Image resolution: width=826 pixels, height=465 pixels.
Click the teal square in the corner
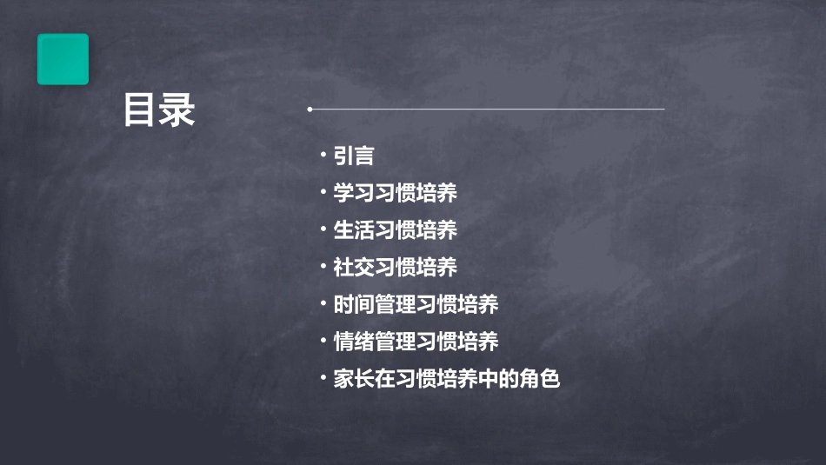[63, 59]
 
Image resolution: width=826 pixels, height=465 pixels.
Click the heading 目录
[158, 111]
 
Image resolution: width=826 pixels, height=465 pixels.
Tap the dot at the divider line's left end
[310, 110]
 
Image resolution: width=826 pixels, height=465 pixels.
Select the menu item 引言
[354, 156]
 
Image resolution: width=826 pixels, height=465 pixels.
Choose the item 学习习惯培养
[396, 193]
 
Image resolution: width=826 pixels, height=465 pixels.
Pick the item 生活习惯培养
[396, 230]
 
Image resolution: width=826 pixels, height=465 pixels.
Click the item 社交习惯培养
[396, 268]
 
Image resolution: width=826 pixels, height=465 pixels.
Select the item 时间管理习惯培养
[416, 305]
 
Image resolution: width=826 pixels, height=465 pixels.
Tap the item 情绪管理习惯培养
[416, 342]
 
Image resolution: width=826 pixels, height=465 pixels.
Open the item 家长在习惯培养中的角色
[447, 380]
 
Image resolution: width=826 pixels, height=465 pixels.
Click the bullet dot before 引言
[323, 155]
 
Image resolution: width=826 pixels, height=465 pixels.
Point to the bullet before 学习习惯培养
[323, 192]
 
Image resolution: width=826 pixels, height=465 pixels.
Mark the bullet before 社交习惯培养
[323, 267]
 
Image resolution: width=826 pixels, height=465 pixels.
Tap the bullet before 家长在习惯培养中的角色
[323, 378]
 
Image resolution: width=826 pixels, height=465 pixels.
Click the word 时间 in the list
[354, 305]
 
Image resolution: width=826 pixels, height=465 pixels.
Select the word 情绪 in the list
[354, 342]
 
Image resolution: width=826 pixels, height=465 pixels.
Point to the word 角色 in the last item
[540, 380]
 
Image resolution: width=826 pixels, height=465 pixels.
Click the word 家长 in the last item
[354, 380]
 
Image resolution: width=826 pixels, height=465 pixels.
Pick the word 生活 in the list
[354, 230]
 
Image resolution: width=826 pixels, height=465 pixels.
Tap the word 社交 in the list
[354, 268]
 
